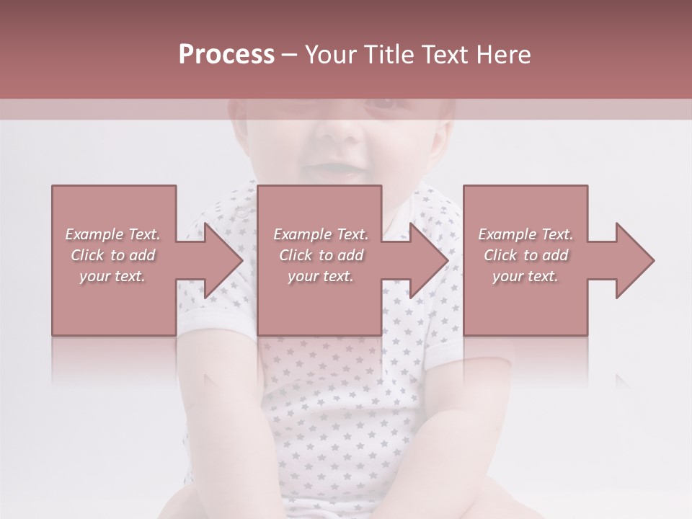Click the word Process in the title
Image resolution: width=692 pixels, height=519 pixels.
point(226,55)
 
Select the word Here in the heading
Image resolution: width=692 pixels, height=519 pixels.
point(502,55)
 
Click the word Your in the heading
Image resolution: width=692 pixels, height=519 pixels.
point(332,55)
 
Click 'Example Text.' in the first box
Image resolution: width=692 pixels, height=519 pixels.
point(112,234)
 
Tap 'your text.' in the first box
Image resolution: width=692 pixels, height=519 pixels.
point(112,276)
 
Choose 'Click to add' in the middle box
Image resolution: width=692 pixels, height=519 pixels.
point(321,255)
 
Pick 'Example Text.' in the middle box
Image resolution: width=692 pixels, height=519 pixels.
point(321,234)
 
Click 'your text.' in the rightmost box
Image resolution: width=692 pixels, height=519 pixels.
point(525,276)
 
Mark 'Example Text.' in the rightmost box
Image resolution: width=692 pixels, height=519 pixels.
point(525,234)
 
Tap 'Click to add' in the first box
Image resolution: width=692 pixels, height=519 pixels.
point(112,255)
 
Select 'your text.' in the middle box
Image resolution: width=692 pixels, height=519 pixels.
point(321,276)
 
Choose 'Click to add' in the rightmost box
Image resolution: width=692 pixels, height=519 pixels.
point(525,255)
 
